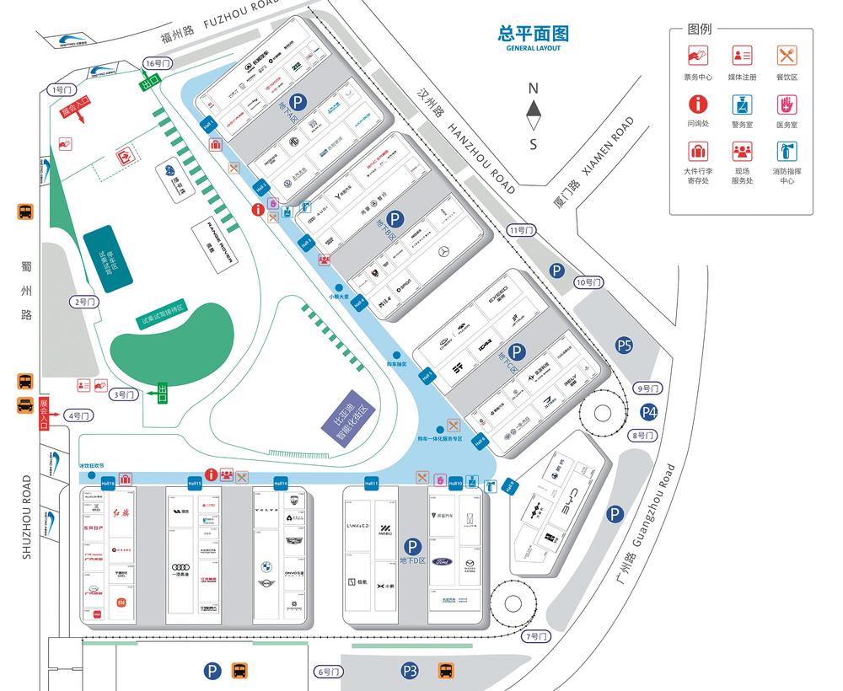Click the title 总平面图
click(x=534, y=34)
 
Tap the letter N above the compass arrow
click(x=533, y=88)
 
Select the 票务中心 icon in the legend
click(x=697, y=56)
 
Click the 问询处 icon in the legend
click(x=697, y=105)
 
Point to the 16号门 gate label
click(x=158, y=63)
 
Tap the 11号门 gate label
click(x=522, y=230)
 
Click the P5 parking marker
click(x=624, y=345)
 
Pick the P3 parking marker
click(x=410, y=671)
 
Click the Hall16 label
click(x=107, y=484)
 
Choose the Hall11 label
click(x=371, y=484)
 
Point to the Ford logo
click(x=443, y=562)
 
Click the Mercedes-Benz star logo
click(x=444, y=252)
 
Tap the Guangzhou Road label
click(x=657, y=510)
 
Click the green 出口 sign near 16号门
click(x=150, y=82)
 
